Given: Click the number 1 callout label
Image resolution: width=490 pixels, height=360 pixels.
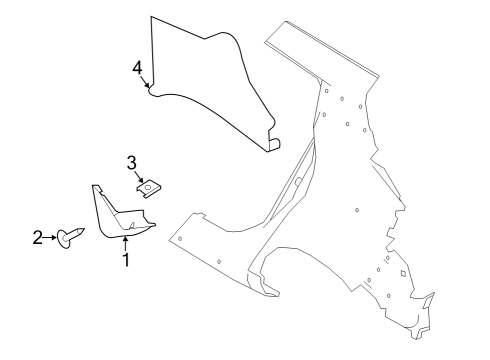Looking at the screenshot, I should (126, 261).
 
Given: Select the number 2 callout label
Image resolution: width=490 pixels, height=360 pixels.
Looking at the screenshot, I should (37, 237).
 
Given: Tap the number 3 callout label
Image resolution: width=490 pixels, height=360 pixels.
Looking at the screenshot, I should (131, 162).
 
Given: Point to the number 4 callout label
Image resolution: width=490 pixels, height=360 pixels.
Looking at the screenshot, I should (137, 67).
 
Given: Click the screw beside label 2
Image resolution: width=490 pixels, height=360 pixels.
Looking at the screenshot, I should (73, 236).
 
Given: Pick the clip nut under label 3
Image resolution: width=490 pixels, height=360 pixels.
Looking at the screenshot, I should (148, 186).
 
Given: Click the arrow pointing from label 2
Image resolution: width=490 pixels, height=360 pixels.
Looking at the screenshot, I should (50, 237).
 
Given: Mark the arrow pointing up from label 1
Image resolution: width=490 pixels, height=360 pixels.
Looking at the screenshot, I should (126, 243).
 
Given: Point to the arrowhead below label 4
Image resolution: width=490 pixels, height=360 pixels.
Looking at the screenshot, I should (148, 88).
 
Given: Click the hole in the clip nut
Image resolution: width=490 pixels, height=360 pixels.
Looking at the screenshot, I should (148, 185).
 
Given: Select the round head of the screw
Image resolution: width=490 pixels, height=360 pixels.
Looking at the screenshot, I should (65, 237).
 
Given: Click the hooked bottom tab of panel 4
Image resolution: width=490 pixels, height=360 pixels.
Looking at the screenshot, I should (272, 144).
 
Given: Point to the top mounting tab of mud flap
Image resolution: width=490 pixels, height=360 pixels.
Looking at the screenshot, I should (96, 188).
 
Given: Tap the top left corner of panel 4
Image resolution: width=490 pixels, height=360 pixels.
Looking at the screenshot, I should (152, 18).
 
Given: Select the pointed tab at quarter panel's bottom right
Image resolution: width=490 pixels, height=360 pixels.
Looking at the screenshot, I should (429, 298).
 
